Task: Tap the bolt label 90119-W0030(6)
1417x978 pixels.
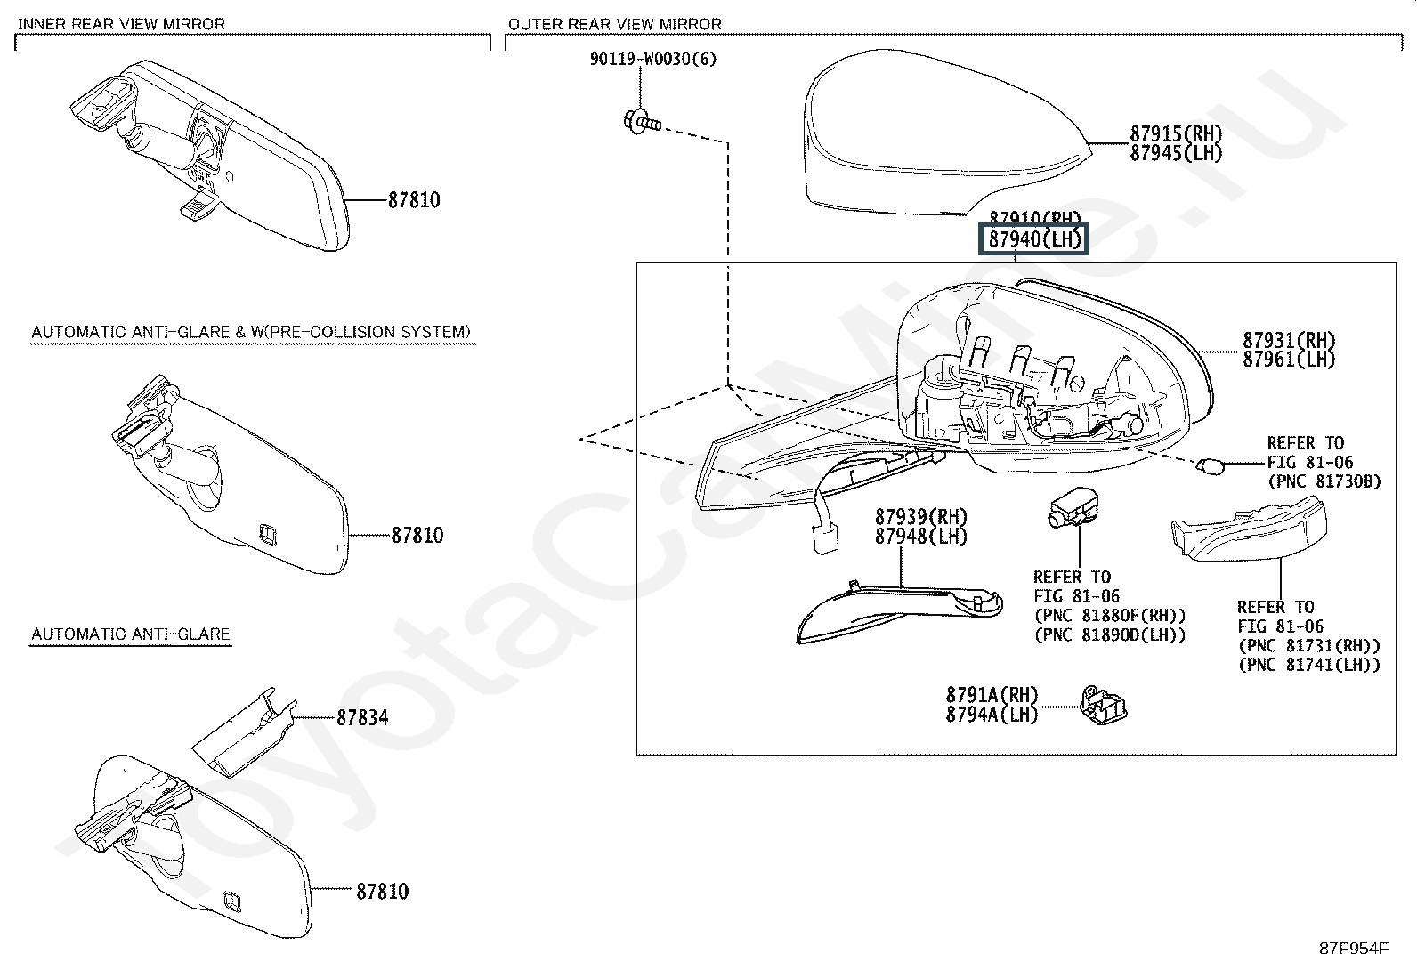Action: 653,59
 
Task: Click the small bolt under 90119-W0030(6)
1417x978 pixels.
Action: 642,122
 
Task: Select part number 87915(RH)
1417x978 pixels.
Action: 1176,133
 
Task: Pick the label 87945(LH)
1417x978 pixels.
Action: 1176,153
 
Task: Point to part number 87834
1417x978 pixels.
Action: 362,718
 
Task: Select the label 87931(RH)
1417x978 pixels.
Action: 1289,340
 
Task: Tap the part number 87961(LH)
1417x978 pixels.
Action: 1289,360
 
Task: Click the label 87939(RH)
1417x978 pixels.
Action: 921,517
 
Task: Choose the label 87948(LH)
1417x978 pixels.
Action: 921,537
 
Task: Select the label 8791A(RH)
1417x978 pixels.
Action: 992,695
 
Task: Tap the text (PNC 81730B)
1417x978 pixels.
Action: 1324,481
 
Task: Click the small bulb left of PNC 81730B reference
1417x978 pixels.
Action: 1211,467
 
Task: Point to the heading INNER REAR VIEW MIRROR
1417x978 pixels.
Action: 121,24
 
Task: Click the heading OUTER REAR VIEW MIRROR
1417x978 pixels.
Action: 615,24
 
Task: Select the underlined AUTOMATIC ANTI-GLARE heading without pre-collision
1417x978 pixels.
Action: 130,634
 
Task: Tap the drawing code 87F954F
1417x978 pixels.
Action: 1354,949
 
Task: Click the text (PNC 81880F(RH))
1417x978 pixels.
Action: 1110,616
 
